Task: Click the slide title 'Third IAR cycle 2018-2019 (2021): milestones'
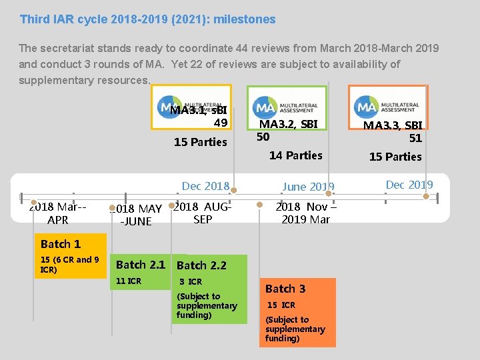click(147, 19)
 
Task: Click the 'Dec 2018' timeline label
click(205, 186)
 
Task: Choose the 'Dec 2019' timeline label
click(409, 185)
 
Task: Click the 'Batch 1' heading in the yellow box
click(61, 244)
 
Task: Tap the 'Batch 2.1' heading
click(140, 265)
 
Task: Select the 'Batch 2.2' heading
click(201, 265)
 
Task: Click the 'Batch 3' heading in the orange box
click(285, 289)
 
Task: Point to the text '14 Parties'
click(295, 155)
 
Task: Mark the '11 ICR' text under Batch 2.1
click(129, 281)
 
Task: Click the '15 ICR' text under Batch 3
click(281, 305)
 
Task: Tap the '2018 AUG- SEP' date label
click(202, 213)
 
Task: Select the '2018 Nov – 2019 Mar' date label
click(306, 213)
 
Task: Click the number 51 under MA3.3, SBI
click(415, 138)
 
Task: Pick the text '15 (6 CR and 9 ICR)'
click(69, 265)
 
